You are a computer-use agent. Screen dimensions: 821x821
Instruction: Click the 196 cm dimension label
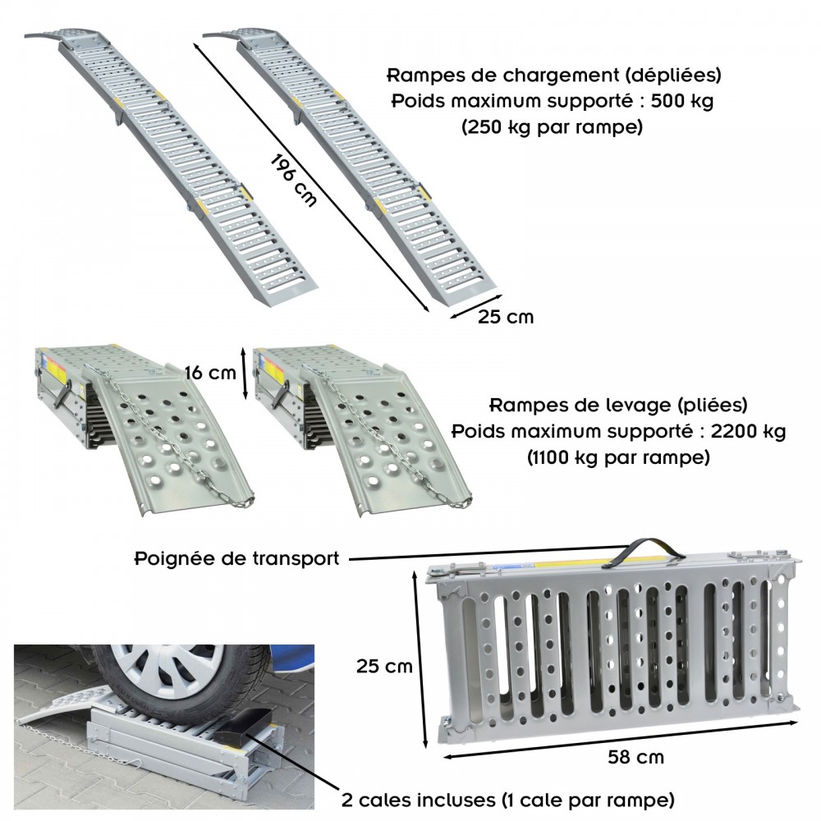coord(293,181)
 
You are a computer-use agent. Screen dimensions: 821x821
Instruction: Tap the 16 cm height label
coord(210,373)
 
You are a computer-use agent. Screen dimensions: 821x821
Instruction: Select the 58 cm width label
coord(635,757)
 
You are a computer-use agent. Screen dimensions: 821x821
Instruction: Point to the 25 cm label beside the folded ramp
coord(384,667)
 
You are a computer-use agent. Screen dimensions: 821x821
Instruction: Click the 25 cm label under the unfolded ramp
coord(505,317)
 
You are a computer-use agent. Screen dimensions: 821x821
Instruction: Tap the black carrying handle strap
coord(644,553)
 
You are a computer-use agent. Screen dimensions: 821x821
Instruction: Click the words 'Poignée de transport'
coord(237,559)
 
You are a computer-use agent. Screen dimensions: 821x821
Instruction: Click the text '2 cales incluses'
coord(418,800)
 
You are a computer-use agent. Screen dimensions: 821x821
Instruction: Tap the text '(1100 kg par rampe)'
coord(618,457)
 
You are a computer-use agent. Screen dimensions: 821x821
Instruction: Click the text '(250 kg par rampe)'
coord(552,127)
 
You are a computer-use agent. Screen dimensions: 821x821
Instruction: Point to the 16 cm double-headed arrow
coord(244,373)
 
